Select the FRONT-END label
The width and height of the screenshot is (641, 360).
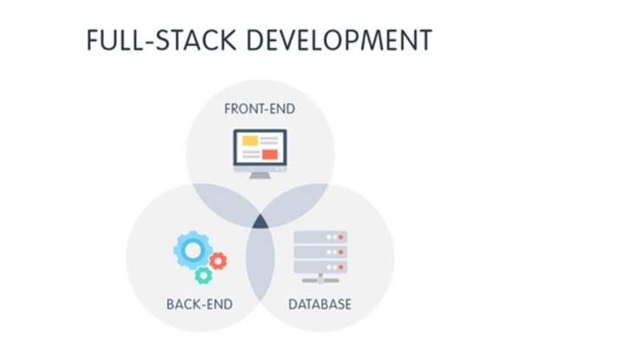coord(259,109)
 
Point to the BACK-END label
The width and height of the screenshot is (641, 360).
coord(199,304)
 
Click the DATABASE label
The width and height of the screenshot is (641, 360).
coord(320,304)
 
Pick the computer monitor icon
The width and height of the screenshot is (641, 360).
coord(259,152)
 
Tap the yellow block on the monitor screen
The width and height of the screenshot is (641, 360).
coord(250,140)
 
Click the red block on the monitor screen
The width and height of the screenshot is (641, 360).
coord(270,154)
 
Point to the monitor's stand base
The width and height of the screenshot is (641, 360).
coord(259,176)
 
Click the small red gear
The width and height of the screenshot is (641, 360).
coord(219,259)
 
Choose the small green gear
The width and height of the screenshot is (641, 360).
coord(203,275)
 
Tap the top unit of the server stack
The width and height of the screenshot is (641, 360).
coord(320,237)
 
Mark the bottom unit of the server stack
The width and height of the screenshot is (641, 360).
coord(320,265)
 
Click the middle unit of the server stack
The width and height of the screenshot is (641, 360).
coord(320,252)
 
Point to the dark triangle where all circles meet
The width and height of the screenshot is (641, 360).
coord(260,225)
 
